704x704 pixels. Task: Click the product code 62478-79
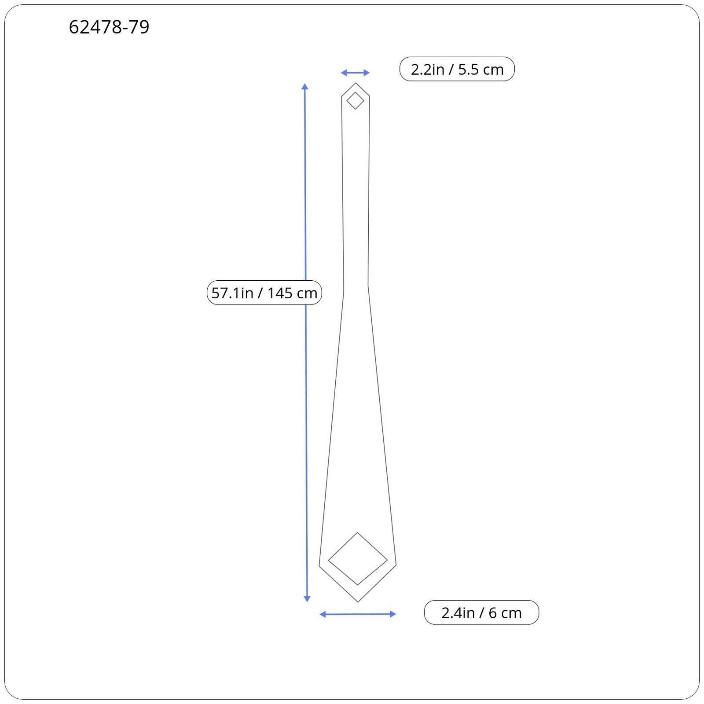pyautogui.click(x=109, y=27)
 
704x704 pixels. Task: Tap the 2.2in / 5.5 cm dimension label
pyautogui.click(x=457, y=69)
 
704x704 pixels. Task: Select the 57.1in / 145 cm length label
pyautogui.click(x=264, y=293)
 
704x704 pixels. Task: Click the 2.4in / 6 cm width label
pyautogui.click(x=481, y=612)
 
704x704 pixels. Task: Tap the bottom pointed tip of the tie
pyautogui.click(x=358, y=602)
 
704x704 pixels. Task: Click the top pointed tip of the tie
pyautogui.click(x=356, y=83)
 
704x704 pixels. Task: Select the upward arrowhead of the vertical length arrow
pyautogui.click(x=305, y=86)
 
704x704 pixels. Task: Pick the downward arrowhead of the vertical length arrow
pyautogui.click(x=307, y=598)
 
